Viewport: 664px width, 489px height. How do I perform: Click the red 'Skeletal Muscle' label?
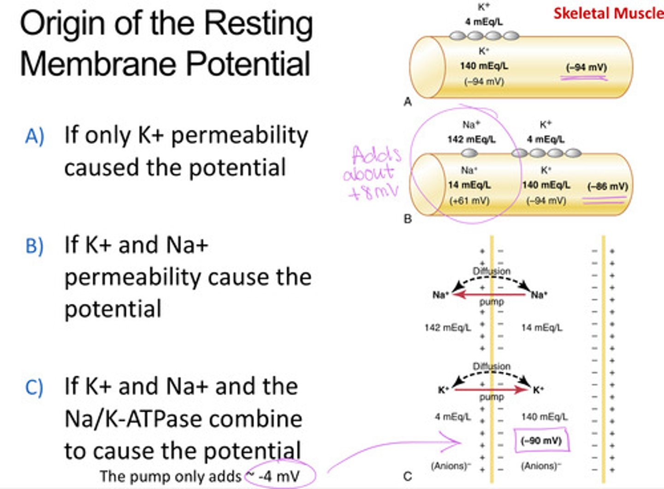[608, 13]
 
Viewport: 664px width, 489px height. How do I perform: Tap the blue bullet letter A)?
[35, 136]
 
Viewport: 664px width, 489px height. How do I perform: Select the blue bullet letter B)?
[35, 246]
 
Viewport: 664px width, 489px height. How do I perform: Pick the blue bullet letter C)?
[34, 387]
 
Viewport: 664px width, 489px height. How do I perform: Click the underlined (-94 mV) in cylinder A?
[586, 67]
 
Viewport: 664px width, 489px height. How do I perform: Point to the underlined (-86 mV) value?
[607, 187]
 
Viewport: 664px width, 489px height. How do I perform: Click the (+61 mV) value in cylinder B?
[469, 201]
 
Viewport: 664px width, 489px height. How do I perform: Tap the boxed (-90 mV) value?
[541, 441]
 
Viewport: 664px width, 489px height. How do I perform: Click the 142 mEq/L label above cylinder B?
[471, 139]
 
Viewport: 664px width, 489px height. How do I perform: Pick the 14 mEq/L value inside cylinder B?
[469, 185]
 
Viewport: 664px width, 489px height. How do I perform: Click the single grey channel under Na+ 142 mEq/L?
[469, 153]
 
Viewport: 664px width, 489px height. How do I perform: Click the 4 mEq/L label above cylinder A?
[484, 22]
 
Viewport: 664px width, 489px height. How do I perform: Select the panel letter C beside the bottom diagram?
[407, 476]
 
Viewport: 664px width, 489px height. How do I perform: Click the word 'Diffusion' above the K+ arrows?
[492, 366]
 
